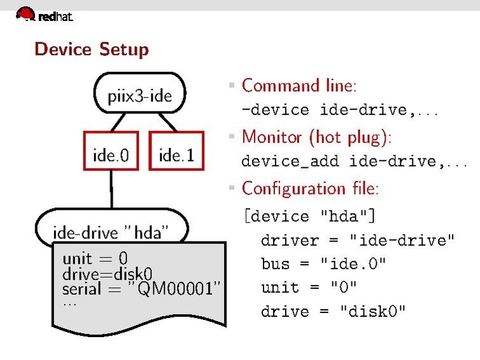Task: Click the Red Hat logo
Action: pos(44,14)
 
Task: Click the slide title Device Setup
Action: pos(92,49)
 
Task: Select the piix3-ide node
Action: pos(139,97)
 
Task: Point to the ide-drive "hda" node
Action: pos(111,232)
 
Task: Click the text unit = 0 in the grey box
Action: pos(95,258)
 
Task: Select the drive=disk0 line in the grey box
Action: pos(108,274)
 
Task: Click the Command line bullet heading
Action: pos(299,85)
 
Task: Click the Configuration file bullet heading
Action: pos(311,188)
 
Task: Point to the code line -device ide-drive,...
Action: pos(340,110)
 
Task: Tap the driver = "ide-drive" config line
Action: pos(358,240)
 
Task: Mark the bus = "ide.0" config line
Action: pos(323,264)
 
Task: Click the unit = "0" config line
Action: pos(309,287)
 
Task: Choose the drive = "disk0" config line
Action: pos(333,312)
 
